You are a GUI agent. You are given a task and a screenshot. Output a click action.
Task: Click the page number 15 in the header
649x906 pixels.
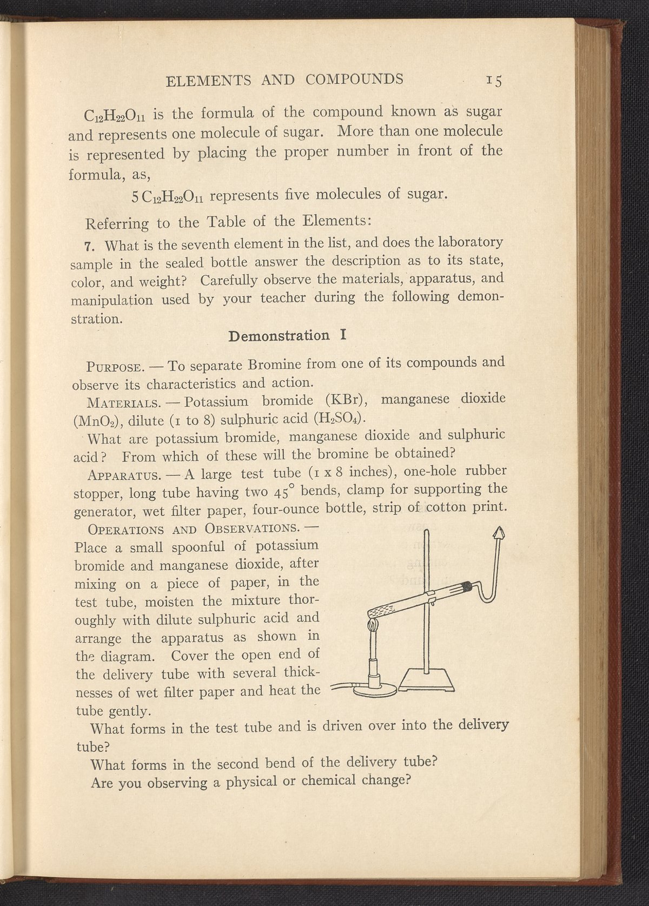[494, 81]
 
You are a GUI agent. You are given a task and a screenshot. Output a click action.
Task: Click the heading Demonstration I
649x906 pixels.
[287, 335]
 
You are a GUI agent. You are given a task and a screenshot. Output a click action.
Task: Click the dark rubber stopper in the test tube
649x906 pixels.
[465, 587]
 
